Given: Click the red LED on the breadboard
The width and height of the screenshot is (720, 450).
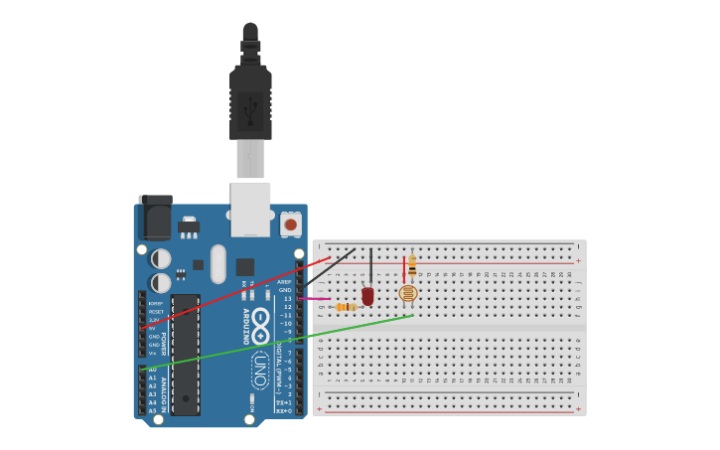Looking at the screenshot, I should pyautogui.click(x=367, y=295).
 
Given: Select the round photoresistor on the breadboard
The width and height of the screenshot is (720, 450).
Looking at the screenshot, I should pyautogui.click(x=407, y=293).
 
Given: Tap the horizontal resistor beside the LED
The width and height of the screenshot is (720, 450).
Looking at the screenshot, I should pyautogui.click(x=346, y=307).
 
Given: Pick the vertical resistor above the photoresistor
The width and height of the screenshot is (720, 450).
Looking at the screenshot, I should pyautogui.click(x=412, y=265).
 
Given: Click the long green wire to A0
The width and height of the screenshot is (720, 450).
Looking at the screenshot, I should pyautogui.click(x=278, y=342).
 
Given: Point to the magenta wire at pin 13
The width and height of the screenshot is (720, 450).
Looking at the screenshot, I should pyautogui.click(x=315, y=298).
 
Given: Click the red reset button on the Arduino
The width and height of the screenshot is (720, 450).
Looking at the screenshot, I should pyautogui.click(x=290, y=225).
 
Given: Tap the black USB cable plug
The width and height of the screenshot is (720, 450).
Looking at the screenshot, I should pyautogui.click(x=250, y=99).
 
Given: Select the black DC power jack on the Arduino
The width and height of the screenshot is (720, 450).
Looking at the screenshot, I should pyautogui.click(x=156, y=216).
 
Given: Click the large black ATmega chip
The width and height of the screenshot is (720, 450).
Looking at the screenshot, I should pyautogui.click(x=185, y=354).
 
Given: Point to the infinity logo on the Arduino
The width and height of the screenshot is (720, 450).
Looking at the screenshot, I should pyautogui.click(x=260, y=325).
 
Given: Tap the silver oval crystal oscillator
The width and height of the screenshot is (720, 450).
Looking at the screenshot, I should pyautogui.click(x=218, y=263).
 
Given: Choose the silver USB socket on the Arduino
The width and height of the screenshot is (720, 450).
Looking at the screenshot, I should pyautogui.click(x=250, y=210).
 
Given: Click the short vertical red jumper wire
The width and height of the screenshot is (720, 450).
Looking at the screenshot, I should pyautogui.click(x=404, y=267).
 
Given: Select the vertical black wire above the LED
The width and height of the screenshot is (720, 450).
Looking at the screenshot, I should pyautogui.click(x=371, y=266).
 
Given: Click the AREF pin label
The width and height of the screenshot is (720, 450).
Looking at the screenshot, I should pyautogui.click(x=284, y=282).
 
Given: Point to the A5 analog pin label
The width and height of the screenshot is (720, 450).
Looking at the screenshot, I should pyautogui.click(x=153, y=410).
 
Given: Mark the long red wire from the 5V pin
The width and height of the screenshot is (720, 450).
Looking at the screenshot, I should pyautogui.click(x=238, y=292).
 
